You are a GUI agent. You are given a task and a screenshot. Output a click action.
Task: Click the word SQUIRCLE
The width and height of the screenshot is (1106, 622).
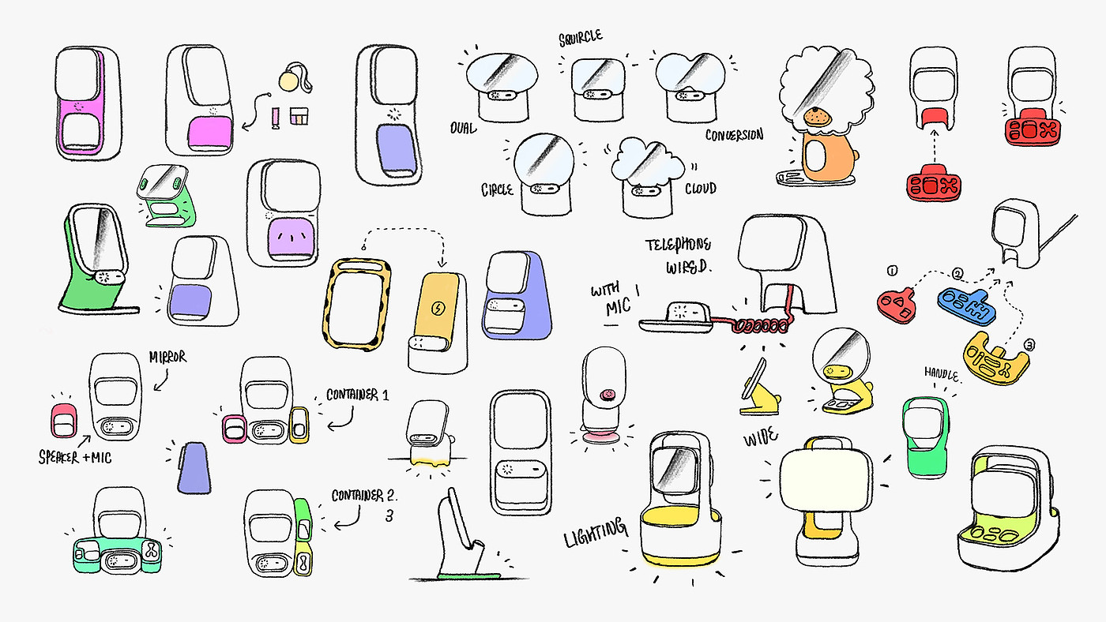click(x=581, y=37)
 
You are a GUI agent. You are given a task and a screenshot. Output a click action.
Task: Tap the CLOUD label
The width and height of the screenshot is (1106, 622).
click(x=701, y=188)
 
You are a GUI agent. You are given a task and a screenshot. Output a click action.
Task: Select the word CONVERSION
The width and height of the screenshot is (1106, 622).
click(x=734, y=134)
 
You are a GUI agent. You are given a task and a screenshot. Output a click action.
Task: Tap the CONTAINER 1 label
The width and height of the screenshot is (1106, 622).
click(x=357, y=395)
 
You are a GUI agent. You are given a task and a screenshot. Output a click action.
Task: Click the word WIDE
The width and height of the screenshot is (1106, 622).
click(x=760, y=437)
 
